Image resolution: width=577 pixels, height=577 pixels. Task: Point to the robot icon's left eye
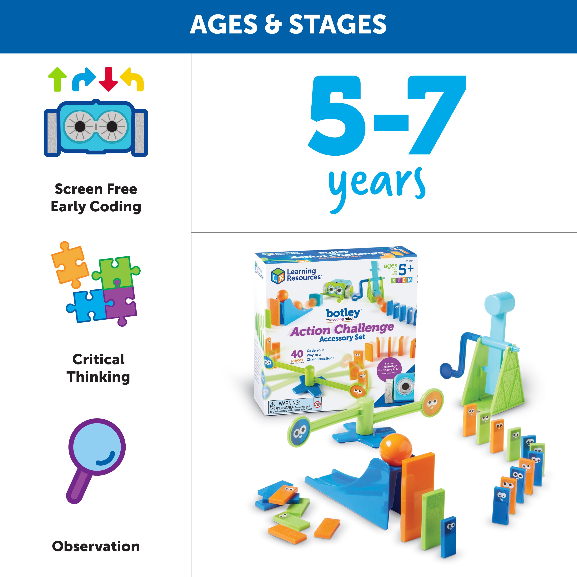(x=80, y=127)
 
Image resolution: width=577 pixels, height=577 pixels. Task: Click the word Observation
(x=96, y=546)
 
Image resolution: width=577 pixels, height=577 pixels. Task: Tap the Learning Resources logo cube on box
(x=278, y=275)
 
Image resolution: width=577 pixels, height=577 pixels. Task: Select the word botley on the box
(x=343, y=313)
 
